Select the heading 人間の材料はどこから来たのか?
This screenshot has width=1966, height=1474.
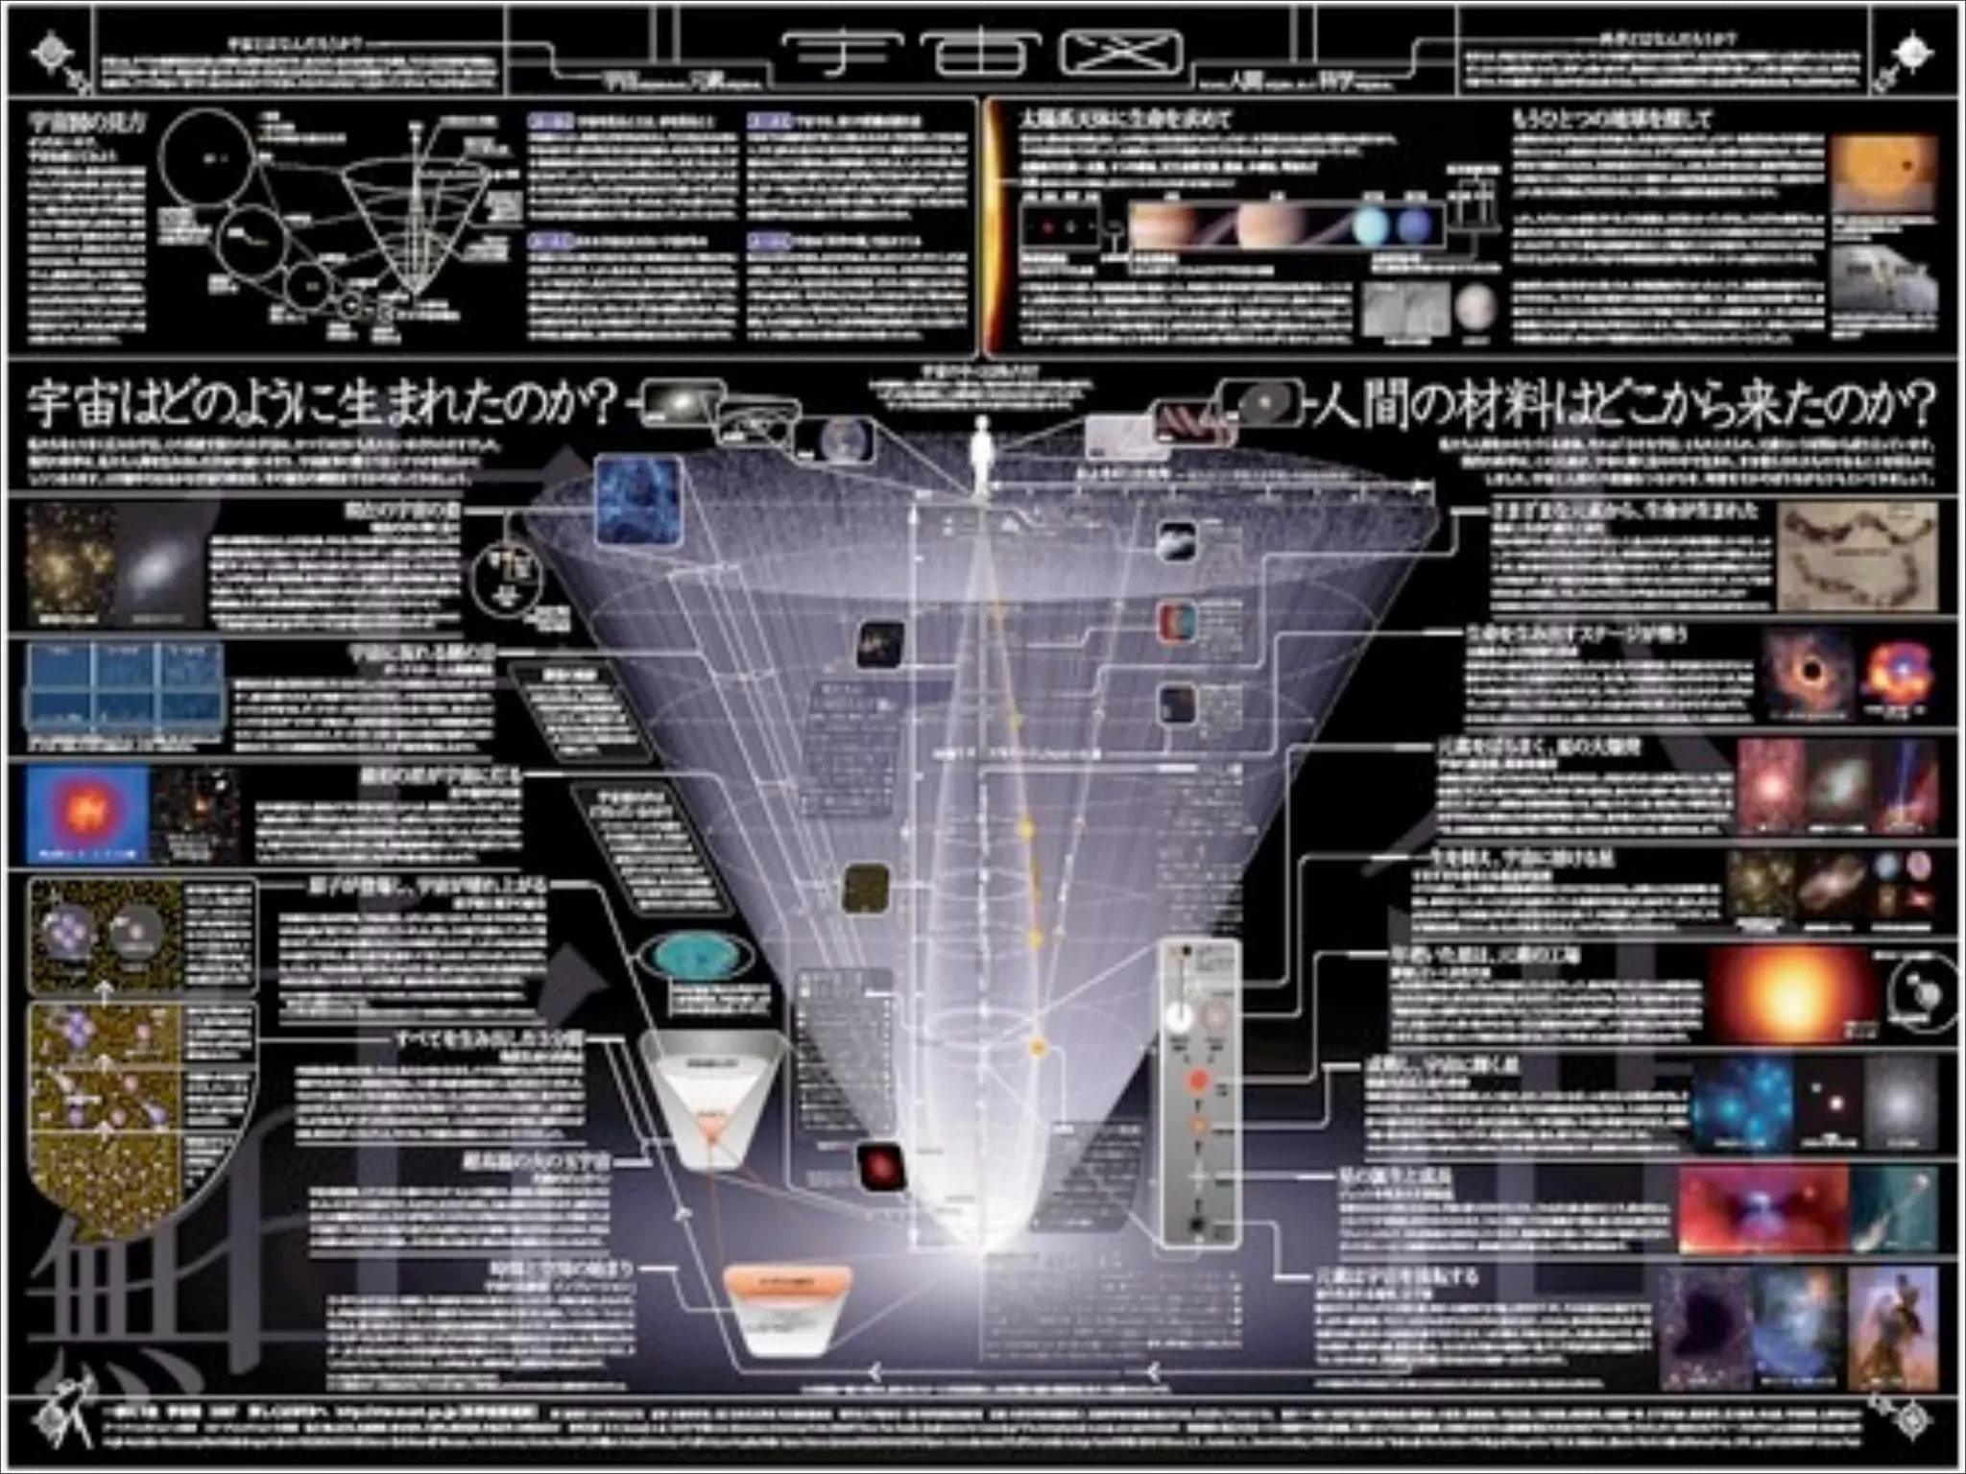pyautogui.click(x=1622, y=406)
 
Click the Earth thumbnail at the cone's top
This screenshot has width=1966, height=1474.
pyautogui.click(x=846, y=440)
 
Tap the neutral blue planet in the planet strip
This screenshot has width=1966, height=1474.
pyautogui.click(x=1415, y=226)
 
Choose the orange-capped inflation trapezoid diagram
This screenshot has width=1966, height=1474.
pyautogui.click(x=787, y=1311)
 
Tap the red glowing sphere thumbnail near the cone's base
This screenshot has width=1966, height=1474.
pyautogui.click(x=880, y=1167)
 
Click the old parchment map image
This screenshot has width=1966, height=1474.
pyautogui.click(x=1858, y=557)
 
